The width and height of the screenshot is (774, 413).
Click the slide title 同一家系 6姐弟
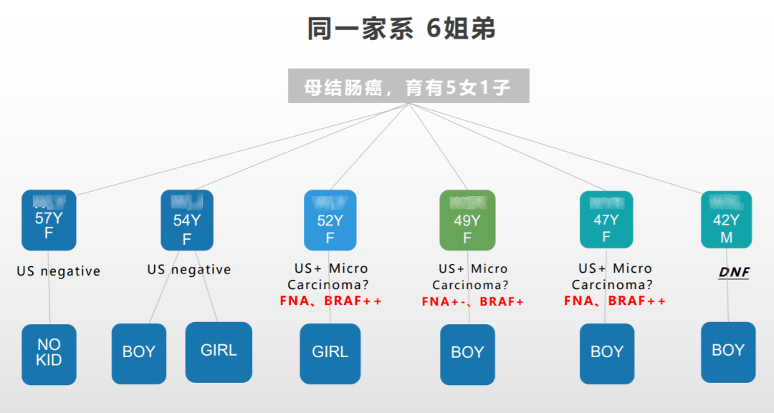401,29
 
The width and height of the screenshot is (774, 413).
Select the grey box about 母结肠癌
408,86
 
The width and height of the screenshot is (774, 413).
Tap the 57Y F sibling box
49,220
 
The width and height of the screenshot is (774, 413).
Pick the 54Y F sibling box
187,220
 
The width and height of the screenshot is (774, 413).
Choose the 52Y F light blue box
330,220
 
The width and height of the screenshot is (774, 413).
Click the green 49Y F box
467,220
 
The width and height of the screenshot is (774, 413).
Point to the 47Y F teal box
606,220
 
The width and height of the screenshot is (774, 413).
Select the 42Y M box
726,220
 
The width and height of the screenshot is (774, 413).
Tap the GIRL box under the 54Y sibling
219,351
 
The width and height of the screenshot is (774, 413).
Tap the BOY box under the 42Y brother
728,351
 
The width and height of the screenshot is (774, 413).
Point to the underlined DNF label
734,273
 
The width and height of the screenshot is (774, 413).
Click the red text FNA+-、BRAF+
473,301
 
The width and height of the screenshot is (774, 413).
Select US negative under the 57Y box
59,271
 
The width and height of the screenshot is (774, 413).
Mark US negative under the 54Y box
189,270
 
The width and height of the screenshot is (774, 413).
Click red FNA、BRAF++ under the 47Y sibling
615,301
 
